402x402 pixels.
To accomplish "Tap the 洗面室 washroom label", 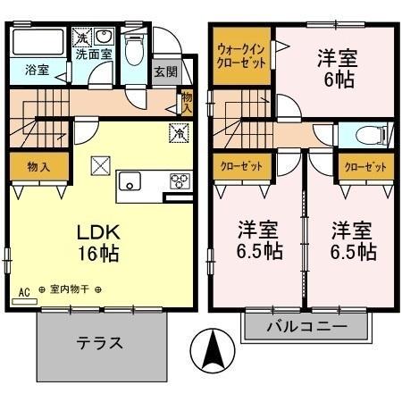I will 93,54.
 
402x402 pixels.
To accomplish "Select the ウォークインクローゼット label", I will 241,57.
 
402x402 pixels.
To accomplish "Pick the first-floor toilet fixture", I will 134,50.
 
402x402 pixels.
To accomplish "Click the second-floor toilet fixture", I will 367,136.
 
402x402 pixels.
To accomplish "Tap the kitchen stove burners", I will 180,181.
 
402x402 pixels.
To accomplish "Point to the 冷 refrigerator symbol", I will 178,135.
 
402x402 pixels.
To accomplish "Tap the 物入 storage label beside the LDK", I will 38,166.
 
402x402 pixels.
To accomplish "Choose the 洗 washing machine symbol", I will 80,38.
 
